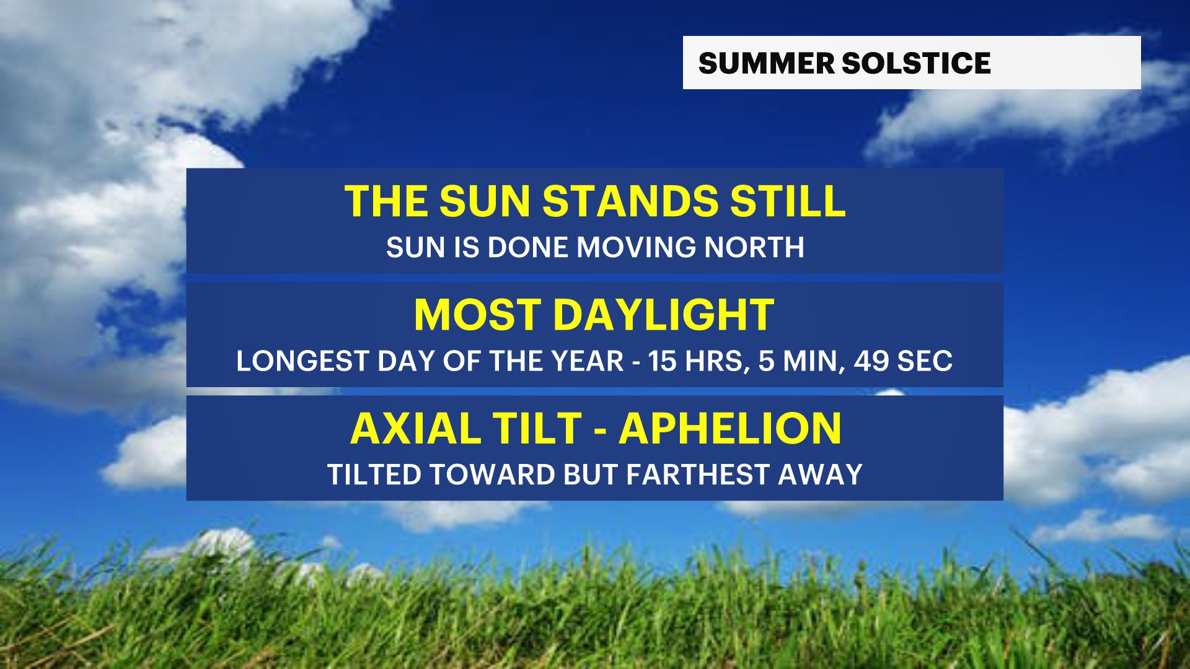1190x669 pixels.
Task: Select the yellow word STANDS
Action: click(630, 201)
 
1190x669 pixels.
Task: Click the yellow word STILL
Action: click(788, 201)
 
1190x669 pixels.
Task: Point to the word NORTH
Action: click(754, 247)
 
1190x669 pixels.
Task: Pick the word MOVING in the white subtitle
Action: click(637, 247)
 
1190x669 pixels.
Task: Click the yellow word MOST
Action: click(478, 315)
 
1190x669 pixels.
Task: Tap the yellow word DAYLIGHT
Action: click(663, 315)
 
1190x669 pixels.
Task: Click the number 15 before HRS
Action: click(663, 361)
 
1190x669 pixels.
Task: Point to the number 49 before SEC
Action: click(871, 361)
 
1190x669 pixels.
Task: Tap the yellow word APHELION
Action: click(730, 428)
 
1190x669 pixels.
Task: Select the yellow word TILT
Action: click(538, 428)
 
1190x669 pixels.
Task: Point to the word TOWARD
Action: click(493, 474)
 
